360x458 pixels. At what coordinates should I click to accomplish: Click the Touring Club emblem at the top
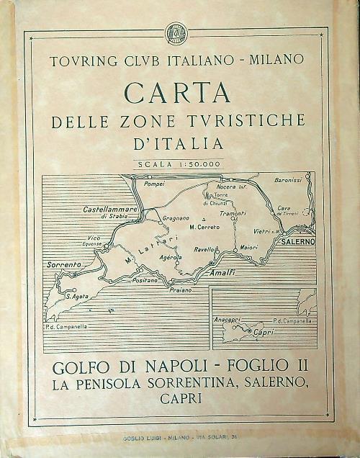(176, 32)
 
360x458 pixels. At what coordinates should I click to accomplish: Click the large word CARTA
(177, 92)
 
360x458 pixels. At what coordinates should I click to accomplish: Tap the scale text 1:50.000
(194, 165)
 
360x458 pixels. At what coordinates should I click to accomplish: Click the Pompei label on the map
(156, 184)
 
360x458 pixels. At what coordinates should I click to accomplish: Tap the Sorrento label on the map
(63, 265)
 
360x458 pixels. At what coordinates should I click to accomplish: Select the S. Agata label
(76, 296)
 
